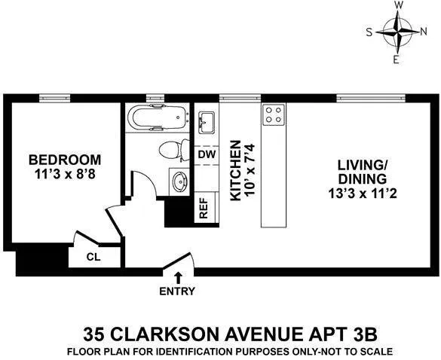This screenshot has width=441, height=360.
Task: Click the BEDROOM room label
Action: pos(65,160)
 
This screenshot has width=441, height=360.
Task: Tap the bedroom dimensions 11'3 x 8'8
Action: pos(65,175)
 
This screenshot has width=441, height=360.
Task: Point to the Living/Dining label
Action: pos(362,171)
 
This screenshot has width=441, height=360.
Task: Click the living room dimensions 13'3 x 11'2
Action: pos(362,194)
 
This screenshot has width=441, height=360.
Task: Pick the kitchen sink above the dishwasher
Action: pos(207,121)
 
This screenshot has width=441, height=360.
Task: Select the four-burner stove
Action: pos(274,115)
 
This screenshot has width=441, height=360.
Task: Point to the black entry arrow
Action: pos(177,278)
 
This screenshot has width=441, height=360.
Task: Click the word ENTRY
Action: pos(177,291)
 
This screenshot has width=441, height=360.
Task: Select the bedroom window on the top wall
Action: pos(55,97)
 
